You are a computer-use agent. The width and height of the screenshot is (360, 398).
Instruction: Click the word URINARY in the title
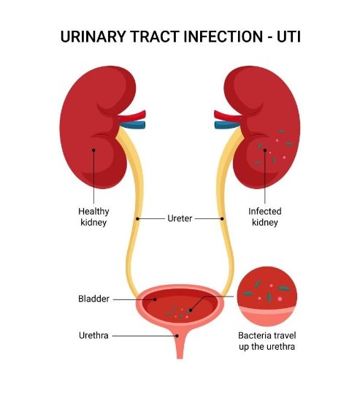(93, 37)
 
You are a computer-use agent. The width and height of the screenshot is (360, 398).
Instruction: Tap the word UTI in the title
(288, 37)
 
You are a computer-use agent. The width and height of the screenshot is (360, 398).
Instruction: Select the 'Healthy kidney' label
(93, 217)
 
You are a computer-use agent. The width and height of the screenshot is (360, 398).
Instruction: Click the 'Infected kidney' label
(265, 217)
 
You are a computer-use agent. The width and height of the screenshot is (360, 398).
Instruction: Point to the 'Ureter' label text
(180, 218)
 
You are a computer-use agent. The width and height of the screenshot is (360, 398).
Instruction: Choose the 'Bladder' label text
(93, 299)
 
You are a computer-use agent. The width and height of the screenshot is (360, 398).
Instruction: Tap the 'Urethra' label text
(93, 335)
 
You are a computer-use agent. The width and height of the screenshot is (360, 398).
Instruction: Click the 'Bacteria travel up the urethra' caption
(267, 341)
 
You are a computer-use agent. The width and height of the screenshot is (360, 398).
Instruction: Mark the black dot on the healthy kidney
(93, 150)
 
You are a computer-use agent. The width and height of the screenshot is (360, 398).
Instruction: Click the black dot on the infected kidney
(265, 150)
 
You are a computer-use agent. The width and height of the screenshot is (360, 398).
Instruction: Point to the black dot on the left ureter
(137, 218)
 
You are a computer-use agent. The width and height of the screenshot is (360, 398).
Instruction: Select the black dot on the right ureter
(222, 218)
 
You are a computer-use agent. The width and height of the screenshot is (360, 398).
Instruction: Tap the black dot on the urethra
(177, 336)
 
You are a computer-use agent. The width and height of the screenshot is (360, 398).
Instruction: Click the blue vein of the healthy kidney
(132, 125)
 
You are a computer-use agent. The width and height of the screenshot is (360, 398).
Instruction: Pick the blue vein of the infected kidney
(227, 125)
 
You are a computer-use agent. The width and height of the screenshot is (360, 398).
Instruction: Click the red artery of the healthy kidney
(132, 116)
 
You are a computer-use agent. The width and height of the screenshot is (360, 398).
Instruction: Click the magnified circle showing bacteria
(267, 296)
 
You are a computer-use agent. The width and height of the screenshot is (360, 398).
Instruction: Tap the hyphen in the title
(269, 37)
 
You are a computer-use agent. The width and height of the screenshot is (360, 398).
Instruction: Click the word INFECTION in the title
(223, 37)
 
